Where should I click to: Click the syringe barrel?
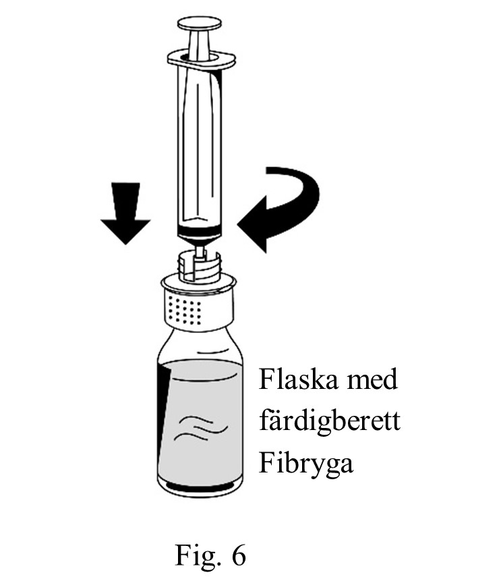tap(199, 148)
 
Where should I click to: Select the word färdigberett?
tap(330, 423)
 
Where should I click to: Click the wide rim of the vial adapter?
tap(200, 282)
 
